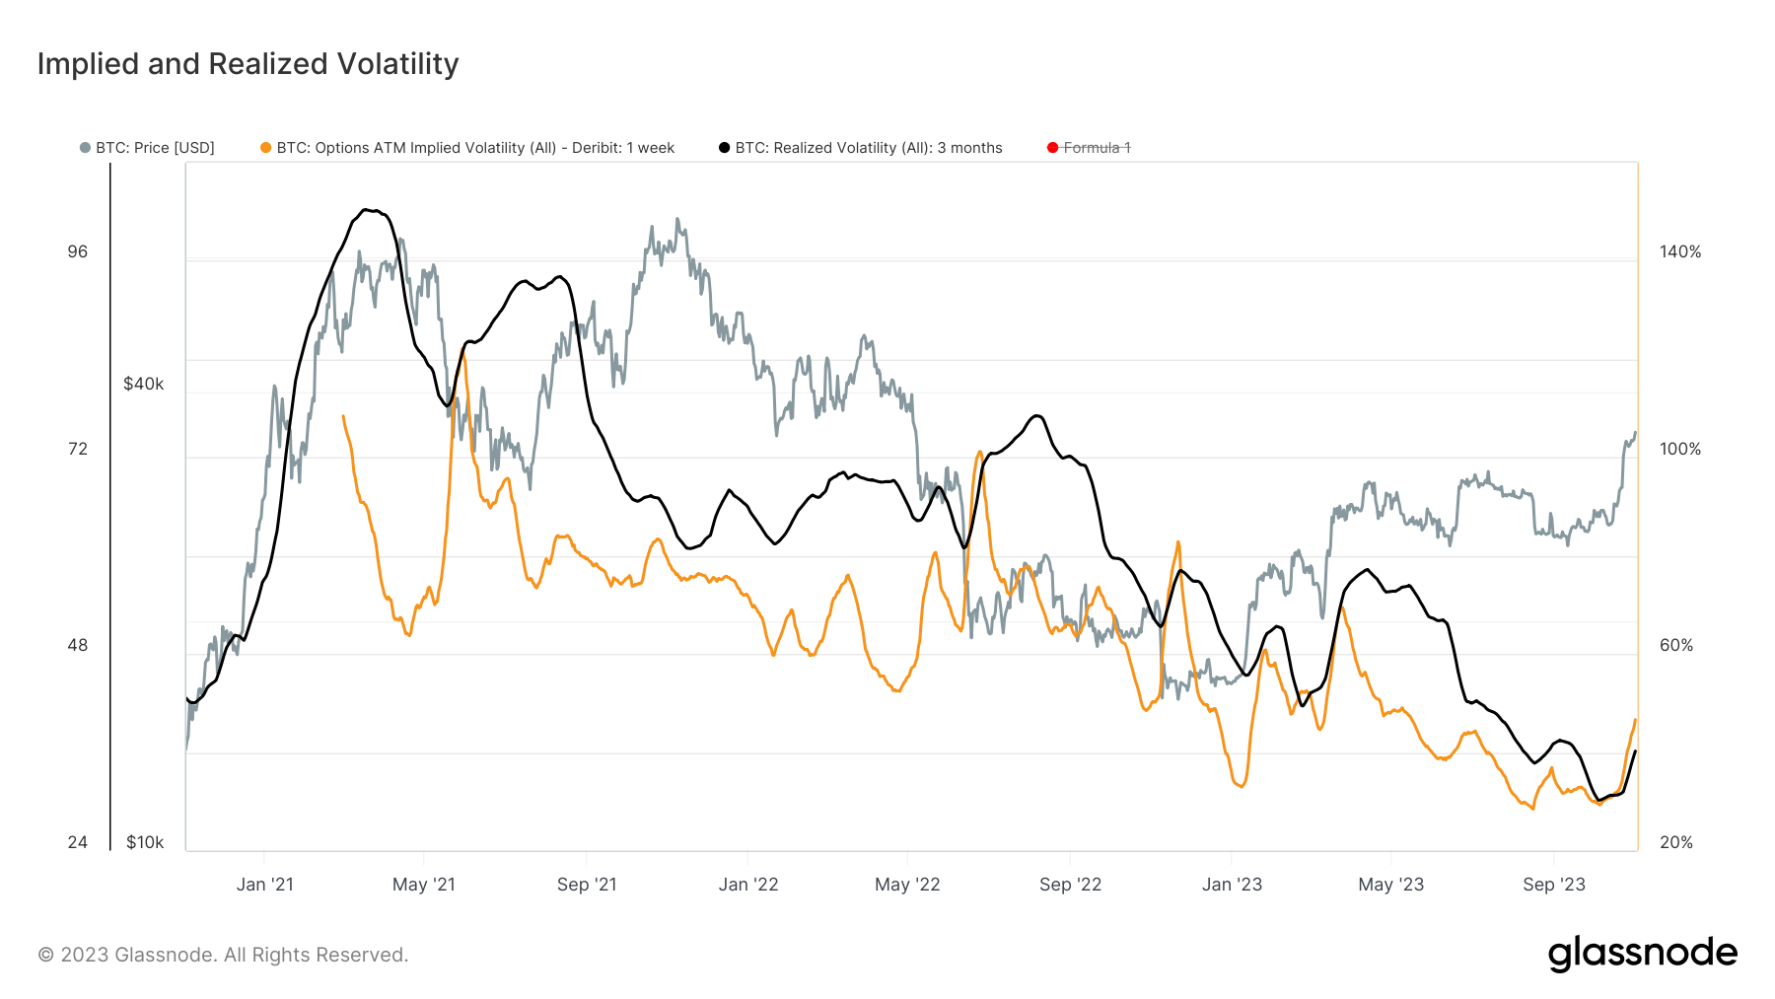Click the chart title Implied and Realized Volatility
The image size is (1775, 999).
pyautogui.click(x=248, y=64)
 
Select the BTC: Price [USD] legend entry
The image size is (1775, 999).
pyautogui.click(x=148, y=148)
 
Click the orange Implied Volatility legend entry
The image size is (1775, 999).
pyautogui.click(x=467, y=148)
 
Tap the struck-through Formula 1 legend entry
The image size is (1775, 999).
pyautogui.click(x=1090, y=148)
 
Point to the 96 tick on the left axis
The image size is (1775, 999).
pyautogui.click(x=78, y=251)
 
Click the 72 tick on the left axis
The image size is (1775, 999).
pyautogui.click(x=78, y=449)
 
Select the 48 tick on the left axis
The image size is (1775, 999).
pyautogui.click(x=78, y=645)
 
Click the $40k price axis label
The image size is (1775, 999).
pyautogui.click(x=144, y=384)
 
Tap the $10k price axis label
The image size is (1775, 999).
pyautogui.click(x=145, y=842)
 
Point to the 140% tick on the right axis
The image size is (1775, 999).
pyautogui.click(x=1680, y=251)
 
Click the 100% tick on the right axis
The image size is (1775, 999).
pyautogui.click(x=1680, y=449)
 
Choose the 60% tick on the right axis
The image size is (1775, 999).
pyautogui.click(x=1676, y=645)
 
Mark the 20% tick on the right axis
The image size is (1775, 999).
pyautogui.click(x=1676, y=842)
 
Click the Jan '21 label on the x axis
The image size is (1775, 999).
pyautogui.click(x=265, y=885)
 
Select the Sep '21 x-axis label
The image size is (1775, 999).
pyautogui.click(x=587, y=885)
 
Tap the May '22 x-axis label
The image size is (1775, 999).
pyautogui.click(x=907, y=885)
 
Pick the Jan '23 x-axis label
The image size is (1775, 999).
pyautogui.click(x=1232, y=885)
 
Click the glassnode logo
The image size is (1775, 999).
pyautogui.click(x=1642, y=954)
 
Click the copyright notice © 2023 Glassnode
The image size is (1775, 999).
pyautogui.click(x=223, y=955)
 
